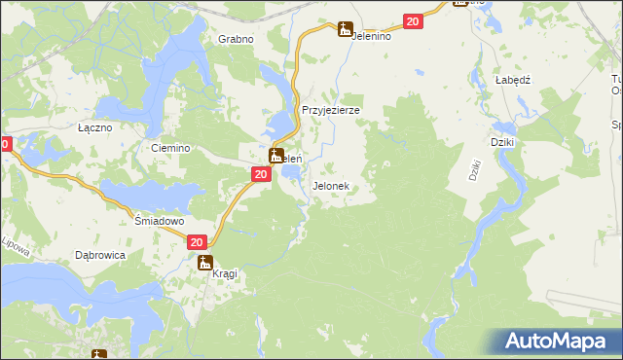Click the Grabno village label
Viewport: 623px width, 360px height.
tap(236, 39)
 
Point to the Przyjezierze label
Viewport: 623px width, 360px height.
tap(331, 110)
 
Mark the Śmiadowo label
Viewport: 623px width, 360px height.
tap(159, 221)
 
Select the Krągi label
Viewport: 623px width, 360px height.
tap(224, 274)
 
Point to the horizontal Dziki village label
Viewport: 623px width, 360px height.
tap(502, 142)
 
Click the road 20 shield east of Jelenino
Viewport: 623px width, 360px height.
tap(413, 22)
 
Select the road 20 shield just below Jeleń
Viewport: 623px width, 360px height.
tap(260, 174)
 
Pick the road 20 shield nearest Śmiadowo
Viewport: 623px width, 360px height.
tap(197, 242)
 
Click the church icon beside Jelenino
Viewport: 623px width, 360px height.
tap(345, 30)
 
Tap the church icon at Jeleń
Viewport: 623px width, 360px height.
tap(276, 156)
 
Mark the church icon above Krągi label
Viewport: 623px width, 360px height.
tap(205, 262)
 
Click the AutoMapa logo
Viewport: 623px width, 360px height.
tap(559, 341)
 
